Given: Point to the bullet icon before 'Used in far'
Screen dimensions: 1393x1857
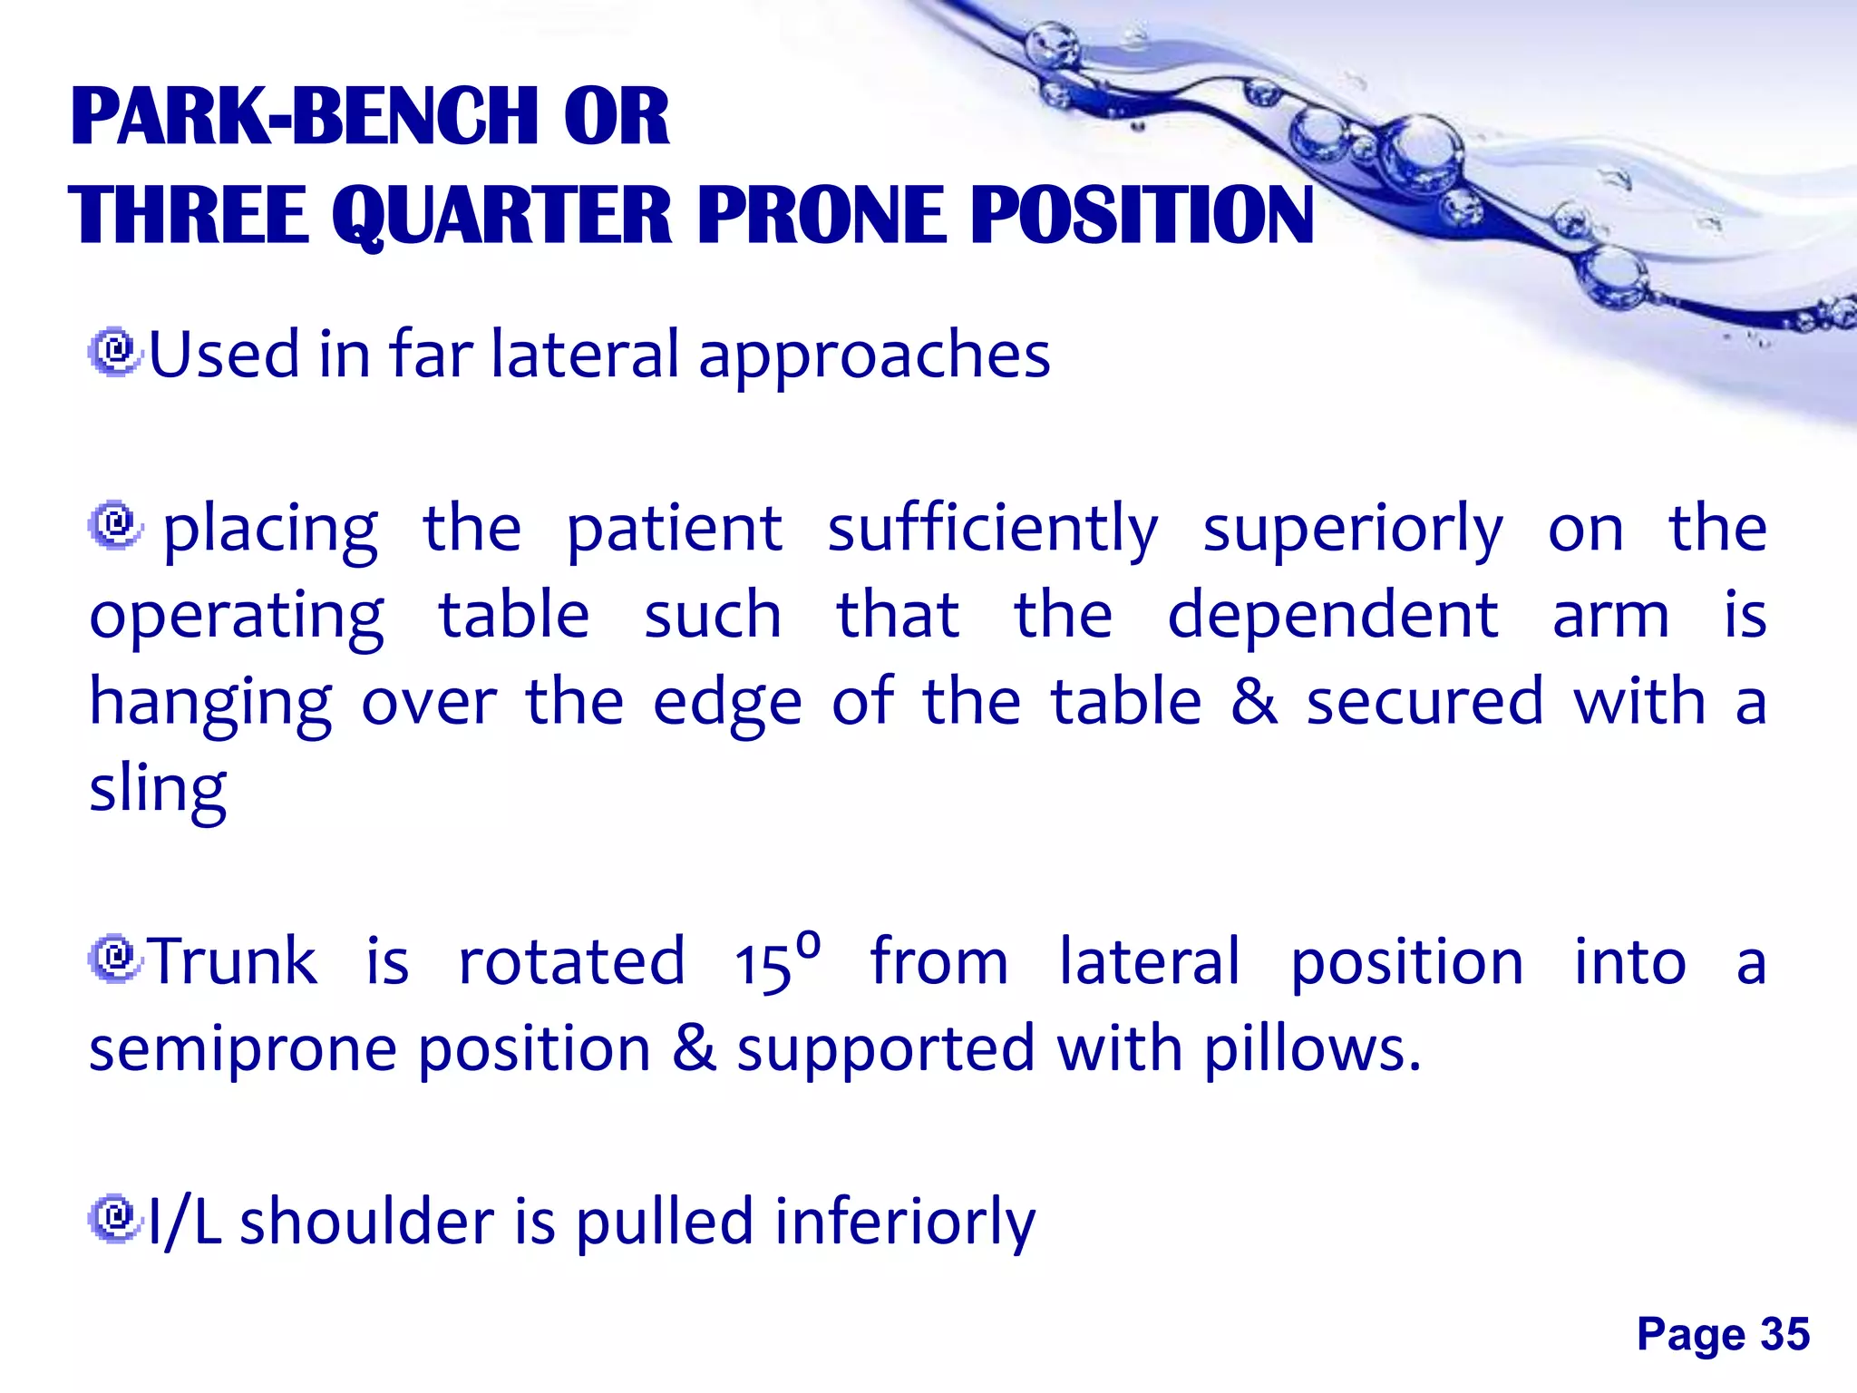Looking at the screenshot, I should [x=115, y=353].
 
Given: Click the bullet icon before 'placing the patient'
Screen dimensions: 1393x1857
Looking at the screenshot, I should [x=115, y=525].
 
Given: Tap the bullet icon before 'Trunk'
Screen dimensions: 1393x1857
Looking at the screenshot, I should [x=115, y=960].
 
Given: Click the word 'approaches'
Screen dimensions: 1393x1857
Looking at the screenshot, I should [x=874, y=356].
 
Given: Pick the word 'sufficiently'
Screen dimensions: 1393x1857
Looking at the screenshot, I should [x=993, y=530].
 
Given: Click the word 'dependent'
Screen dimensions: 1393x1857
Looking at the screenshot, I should [x=1333, y=616].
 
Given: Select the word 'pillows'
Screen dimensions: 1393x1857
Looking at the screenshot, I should [x=1310, y=1048].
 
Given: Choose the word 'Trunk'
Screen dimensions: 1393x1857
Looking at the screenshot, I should [x=233, y=961].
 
